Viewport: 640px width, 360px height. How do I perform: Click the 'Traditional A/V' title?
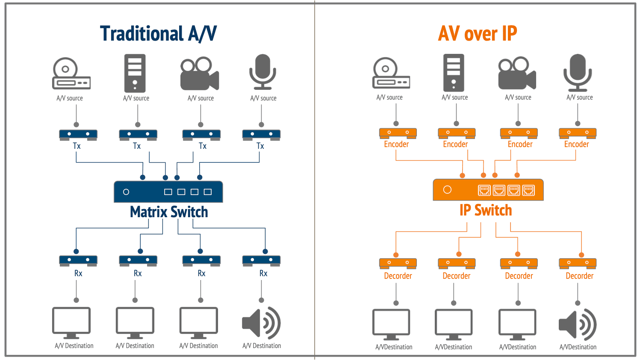tap(158, 34)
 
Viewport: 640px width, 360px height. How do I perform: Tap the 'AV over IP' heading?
tap(478, 34)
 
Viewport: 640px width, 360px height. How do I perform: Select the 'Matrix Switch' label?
tap(169, 212)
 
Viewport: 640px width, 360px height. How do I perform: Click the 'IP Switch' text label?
tap(486, 210)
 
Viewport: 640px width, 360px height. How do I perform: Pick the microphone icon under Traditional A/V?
tap(262, 71)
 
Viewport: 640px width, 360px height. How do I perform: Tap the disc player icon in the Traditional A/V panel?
tap(71, 73)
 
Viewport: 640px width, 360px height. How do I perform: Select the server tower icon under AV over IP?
tap(454, 73)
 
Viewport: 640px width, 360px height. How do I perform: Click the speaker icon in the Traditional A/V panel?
tap(261, 323)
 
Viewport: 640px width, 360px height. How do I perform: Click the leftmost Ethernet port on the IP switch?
tap(484, 190)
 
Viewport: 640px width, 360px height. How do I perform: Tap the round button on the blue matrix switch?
tap(126, 192)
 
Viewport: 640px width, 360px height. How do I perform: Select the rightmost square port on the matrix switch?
tap(208, 192)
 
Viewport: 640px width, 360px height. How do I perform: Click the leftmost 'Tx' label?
tap(77, 146)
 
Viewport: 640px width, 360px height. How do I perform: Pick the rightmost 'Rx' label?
tap(263, 274)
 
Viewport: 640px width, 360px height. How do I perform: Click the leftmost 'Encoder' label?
tap(396, 145)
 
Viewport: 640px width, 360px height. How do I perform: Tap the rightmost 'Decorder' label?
tap(579, 276)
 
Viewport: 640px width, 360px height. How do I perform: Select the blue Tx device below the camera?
tap(201, 135)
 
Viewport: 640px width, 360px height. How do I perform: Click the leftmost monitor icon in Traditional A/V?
tap(71, 323)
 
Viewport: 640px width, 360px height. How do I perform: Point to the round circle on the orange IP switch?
tap(447, 190)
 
